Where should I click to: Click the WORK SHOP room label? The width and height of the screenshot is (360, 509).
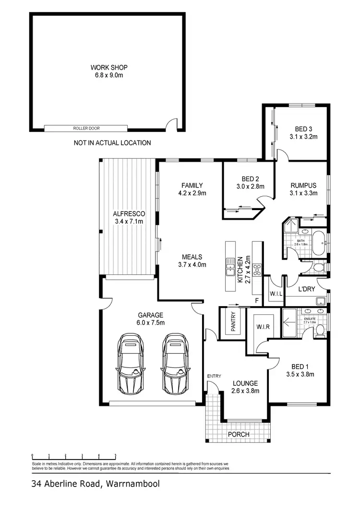tap(109, 68)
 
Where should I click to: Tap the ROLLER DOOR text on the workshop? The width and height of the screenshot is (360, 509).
tap(86, 129)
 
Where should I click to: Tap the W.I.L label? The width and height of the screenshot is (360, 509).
tap(276, 293)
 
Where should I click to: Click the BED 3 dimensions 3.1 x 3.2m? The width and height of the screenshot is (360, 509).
tap(303, 137)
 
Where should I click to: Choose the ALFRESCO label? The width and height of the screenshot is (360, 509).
tap(129, 213)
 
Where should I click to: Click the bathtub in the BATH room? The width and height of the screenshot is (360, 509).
tap(318, 238)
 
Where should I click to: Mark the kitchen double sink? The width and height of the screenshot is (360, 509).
tap(229, 267)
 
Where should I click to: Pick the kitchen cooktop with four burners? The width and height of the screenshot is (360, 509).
tap(257, 269)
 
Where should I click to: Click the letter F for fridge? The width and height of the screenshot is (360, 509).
tap(257, 301)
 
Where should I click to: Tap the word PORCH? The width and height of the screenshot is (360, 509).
tap(239, 434)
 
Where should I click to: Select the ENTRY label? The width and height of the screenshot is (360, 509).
tap(214, 376)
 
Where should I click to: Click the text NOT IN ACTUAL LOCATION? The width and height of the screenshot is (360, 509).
tap(112, 142)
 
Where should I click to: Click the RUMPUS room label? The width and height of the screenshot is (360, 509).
tap(303, 186)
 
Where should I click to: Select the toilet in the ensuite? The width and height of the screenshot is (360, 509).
tap(320, 331)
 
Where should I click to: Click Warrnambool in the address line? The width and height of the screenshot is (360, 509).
tap(131, 484)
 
